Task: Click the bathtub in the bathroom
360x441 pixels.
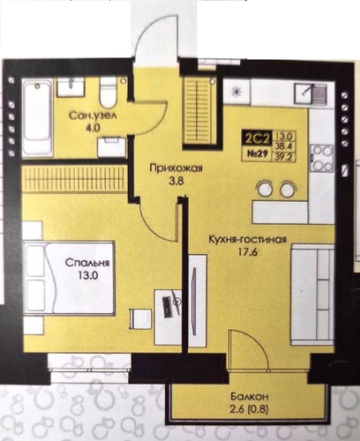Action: pos(37,117)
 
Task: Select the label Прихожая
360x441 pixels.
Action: pos(176,168)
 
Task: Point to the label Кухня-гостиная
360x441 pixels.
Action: pos(247,239)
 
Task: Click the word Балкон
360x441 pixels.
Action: pos(250,397)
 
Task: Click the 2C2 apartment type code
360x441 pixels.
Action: pos(258,138)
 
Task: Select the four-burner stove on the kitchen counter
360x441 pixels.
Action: pos(321,158)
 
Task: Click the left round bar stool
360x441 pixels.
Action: pos(265,189)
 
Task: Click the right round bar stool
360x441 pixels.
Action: pos(287,189)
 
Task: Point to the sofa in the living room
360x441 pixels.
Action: pos(312,294)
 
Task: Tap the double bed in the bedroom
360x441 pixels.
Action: pos(70,277)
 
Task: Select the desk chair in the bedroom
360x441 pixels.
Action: pos(141,319)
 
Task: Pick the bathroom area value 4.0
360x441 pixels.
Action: pos(94,129)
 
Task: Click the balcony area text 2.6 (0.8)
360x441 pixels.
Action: pos(249,409)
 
